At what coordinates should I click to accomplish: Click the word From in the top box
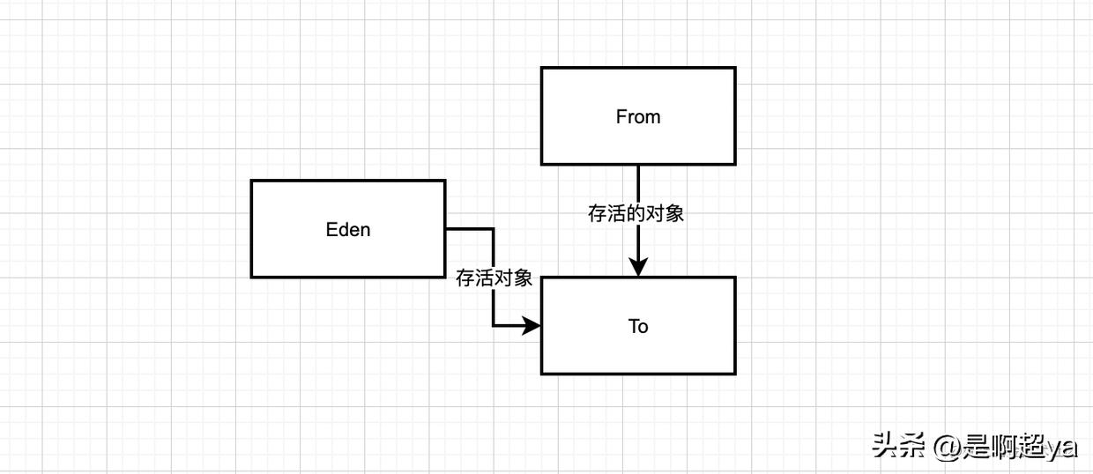[x=638, y=116]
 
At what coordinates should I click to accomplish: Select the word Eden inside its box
[x=348, y=230]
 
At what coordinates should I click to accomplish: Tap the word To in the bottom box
[x=638, y=326]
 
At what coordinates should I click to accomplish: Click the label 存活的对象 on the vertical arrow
[x=636, y=213]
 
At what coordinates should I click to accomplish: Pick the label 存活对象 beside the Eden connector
[x=494, y=278]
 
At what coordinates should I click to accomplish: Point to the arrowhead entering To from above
[x=638, y=268]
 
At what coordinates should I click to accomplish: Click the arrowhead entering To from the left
[x=532, y=326]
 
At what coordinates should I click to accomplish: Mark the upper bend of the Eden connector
[x=493, y=229]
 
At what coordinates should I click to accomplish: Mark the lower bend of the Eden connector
[x=493, y=326]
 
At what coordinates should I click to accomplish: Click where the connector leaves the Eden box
[x=446, y=229]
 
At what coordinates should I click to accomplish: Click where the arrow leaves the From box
[x=638, y=165]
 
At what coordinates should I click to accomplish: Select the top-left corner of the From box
[x=541, y=69]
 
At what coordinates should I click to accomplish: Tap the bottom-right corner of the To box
[x=735, y=374]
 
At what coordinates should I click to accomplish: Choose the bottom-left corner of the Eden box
[x=251, y=277]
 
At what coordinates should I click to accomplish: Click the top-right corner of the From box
[x=735, y=69]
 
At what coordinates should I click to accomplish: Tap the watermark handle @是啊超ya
[x=1006, y=447]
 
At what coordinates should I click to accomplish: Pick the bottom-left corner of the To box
[x=541, y=374]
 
